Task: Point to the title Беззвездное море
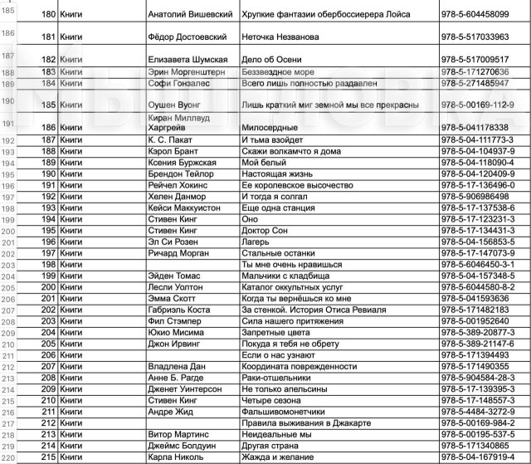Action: [274, 72]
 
